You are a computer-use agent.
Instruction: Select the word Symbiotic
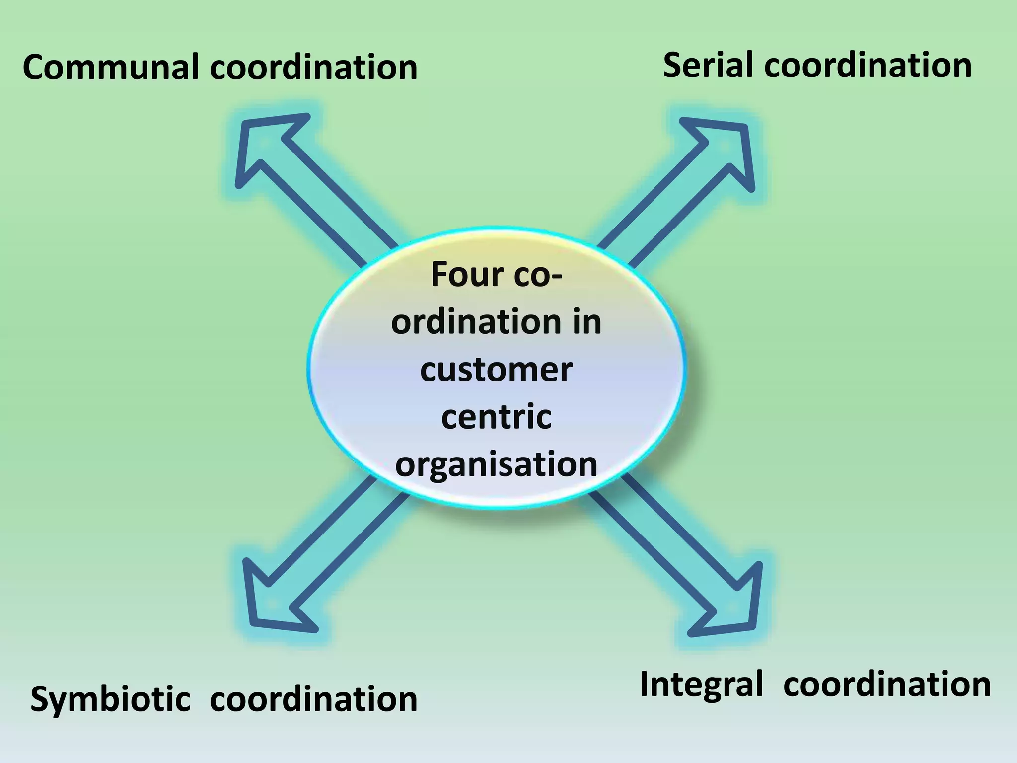(x=110, y=699)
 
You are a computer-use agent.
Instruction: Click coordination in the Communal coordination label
(x=313, y=67)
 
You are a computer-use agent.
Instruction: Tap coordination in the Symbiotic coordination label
(x=313, y=699)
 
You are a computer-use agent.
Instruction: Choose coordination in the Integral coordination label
(x=887, y=685)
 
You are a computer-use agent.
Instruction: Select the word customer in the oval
(x=496, y=370)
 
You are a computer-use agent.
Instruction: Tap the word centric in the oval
(x=496, y=417)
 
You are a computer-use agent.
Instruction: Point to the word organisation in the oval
(x=496, y=464)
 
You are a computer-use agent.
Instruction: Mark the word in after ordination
(x=586, y=322)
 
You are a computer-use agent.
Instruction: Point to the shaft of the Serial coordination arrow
(x=660, y=209)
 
